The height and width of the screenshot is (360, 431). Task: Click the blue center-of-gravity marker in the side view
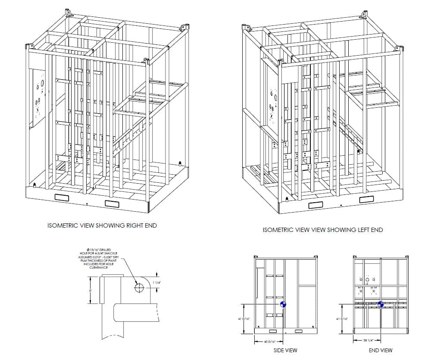(283, 304)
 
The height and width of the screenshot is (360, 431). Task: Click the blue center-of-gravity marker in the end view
(381, 304)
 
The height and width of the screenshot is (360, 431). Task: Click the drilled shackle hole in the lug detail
(139, 288)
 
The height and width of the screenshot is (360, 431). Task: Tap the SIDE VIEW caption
(285, 351)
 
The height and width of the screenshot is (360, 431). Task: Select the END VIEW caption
(380, 351)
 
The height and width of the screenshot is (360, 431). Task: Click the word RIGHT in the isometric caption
(125, 225)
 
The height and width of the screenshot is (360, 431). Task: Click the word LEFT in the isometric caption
(350, 230)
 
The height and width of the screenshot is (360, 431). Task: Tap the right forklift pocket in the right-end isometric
(112, 203)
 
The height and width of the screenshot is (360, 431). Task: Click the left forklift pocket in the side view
(272, 332)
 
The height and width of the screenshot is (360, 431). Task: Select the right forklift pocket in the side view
(298, 332)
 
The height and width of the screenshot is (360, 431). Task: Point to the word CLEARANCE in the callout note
(98, 267)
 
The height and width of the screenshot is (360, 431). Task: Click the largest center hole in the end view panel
(368, 279)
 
